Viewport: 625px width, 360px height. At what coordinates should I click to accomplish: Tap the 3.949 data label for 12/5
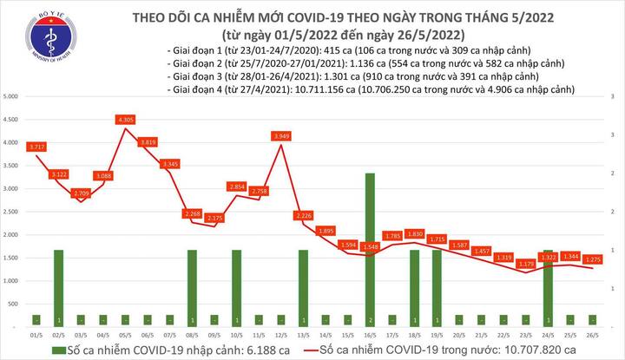click(280, 135)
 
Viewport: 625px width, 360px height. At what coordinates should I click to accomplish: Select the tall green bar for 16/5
click(370, 247)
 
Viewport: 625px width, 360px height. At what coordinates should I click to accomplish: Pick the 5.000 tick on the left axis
click(12, 95)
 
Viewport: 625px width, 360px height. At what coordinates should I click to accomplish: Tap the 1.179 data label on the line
click(525, 263)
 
